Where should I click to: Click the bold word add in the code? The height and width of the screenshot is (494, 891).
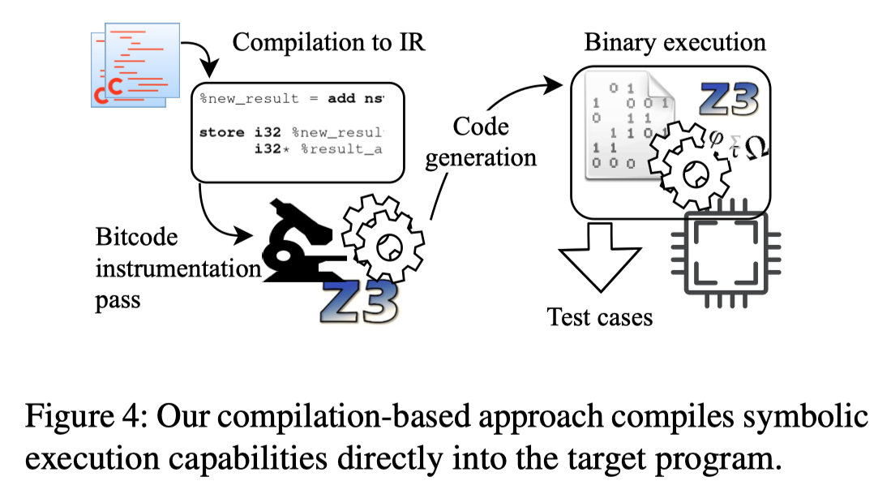coord(346,99)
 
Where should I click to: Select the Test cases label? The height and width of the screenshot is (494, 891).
coord(600,316)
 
